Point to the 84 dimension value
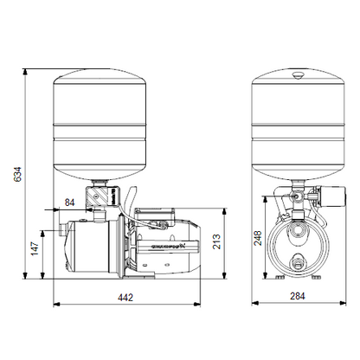pos(69,203)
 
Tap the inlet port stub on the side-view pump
pos(61,229)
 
